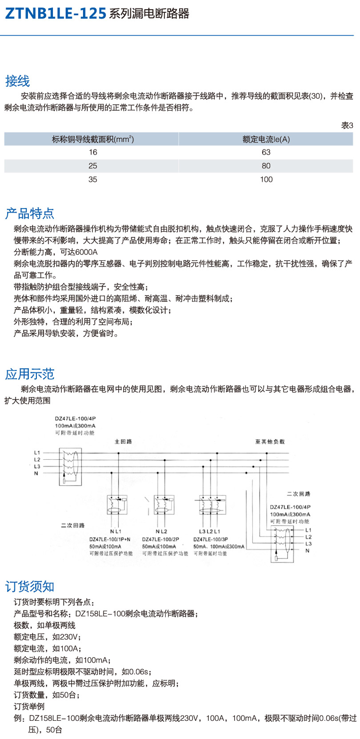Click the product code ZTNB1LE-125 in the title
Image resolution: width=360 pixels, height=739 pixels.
click(55, 13)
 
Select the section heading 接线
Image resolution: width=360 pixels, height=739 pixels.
click(17, 81)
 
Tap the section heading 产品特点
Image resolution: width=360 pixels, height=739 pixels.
click(29, 213)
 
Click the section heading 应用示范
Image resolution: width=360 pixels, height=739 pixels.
click(29, 374)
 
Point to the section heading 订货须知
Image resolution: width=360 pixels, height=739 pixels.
click(29, 586)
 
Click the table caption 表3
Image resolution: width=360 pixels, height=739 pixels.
click(347, 125)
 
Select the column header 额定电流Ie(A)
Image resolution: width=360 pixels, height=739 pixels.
click(266, 139)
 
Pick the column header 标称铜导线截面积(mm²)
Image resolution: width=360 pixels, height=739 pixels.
click(92, 139)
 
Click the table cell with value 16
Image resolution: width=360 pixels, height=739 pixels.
click(92, 152)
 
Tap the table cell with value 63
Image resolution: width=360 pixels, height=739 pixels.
click(266, 152)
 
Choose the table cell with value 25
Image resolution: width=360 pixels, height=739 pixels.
click(92, 166)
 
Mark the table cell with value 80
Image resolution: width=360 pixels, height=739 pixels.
click(266, 166)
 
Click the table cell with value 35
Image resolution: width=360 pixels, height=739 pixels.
click(92, 179)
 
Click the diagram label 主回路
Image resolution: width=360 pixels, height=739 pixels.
click(123, 442)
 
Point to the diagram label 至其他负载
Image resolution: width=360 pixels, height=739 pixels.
click(269, 442)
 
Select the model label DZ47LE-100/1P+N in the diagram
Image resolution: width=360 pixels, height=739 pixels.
click(110, 539)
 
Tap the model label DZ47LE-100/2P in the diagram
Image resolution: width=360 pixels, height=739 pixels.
click(160, 539)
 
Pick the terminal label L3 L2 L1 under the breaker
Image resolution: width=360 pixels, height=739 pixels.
click(209, 531)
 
